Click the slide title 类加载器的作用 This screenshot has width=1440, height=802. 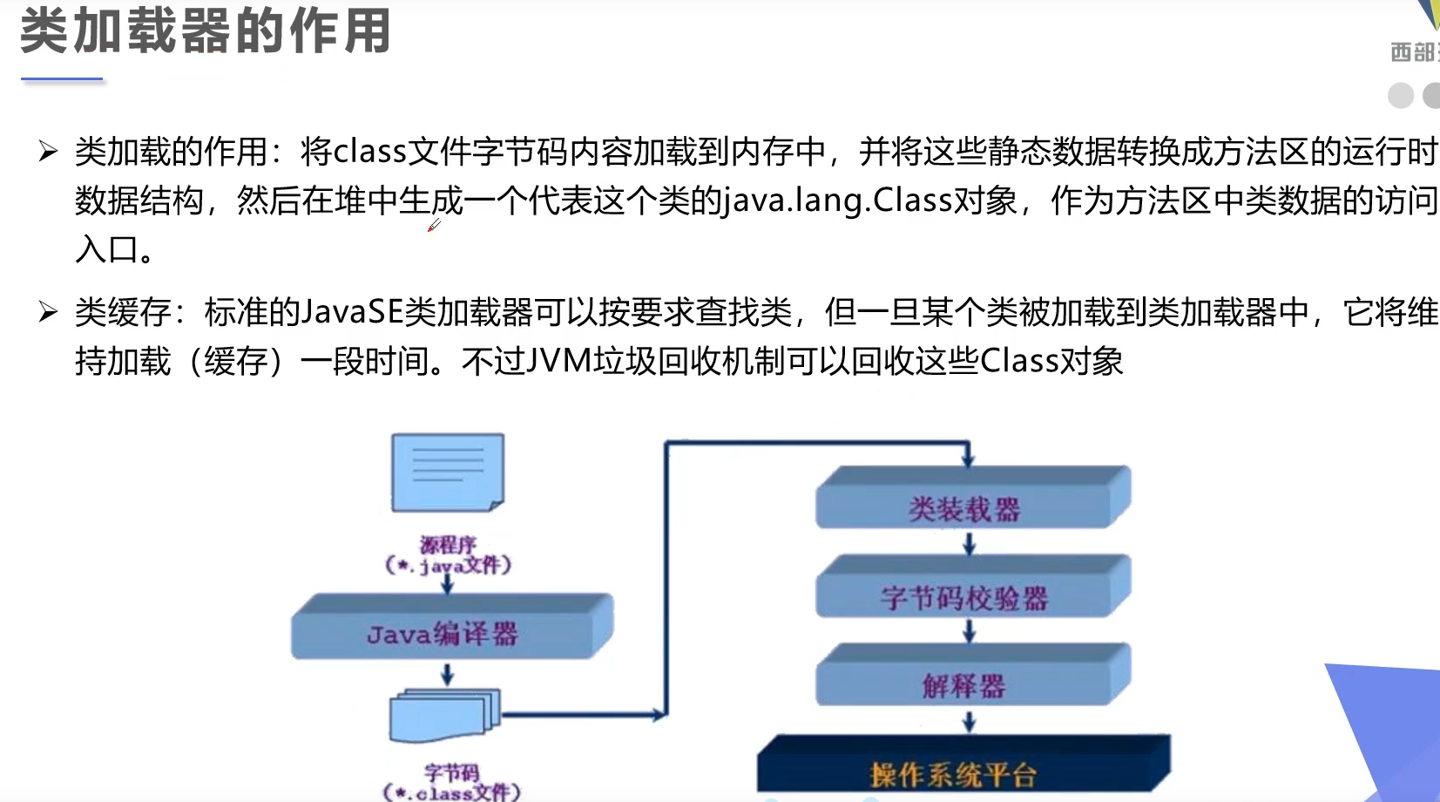[x=206, y=31]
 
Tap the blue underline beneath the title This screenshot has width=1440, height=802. [x=62, y=79]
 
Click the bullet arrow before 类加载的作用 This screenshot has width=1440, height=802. [x=48, y=152]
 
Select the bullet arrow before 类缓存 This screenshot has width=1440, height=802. [x=48, y=311]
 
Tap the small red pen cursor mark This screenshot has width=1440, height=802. [x=433, y=227]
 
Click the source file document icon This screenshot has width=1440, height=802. [x=447, y=472]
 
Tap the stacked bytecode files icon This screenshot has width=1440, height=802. [x=445, y=715]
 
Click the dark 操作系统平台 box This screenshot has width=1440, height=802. [x=962, y=767]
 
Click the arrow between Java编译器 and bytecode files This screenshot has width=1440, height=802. [x=447, y=674]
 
